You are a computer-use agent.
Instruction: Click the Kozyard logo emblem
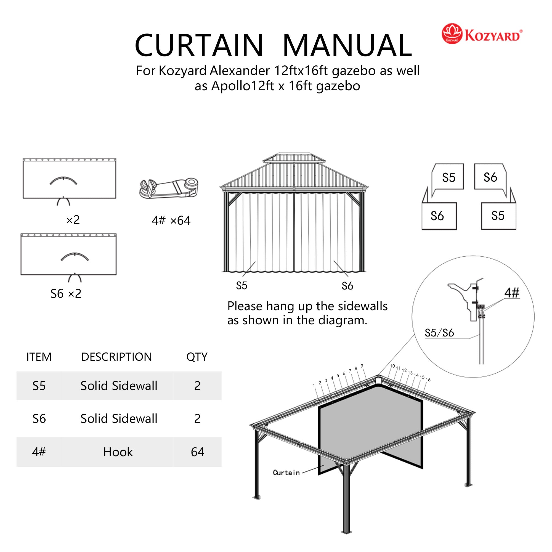[x=452, y=34]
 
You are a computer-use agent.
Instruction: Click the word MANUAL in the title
[x=347, y=46]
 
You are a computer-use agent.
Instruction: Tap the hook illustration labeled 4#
[x=169, y=188]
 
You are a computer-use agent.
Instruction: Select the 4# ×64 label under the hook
[x=171, y=220]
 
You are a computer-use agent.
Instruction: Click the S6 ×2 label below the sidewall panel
[x=66, y=294]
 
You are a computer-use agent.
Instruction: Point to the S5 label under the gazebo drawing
[x=242, y=286]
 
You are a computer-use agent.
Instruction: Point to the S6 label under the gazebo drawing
[x=347, y=286]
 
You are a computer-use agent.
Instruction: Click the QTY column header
[x=197, y=357]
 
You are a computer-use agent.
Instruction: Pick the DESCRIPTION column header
[x=116, y=357]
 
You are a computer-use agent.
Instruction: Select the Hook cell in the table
[x=118, y=452]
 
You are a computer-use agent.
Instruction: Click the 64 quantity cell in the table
[x=197, y=452]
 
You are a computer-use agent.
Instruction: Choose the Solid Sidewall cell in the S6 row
[x=119, y=419]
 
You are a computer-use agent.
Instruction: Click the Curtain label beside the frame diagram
[x=286, y=473]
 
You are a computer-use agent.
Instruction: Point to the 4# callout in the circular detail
[x=512, y=293]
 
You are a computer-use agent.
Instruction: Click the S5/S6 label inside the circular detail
[x=439, y=333]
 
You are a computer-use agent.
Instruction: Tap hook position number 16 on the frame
[x=428, y=380]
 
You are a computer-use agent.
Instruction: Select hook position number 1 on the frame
[x=314, y=385]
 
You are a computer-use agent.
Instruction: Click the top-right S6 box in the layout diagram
[x=490, y=177]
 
